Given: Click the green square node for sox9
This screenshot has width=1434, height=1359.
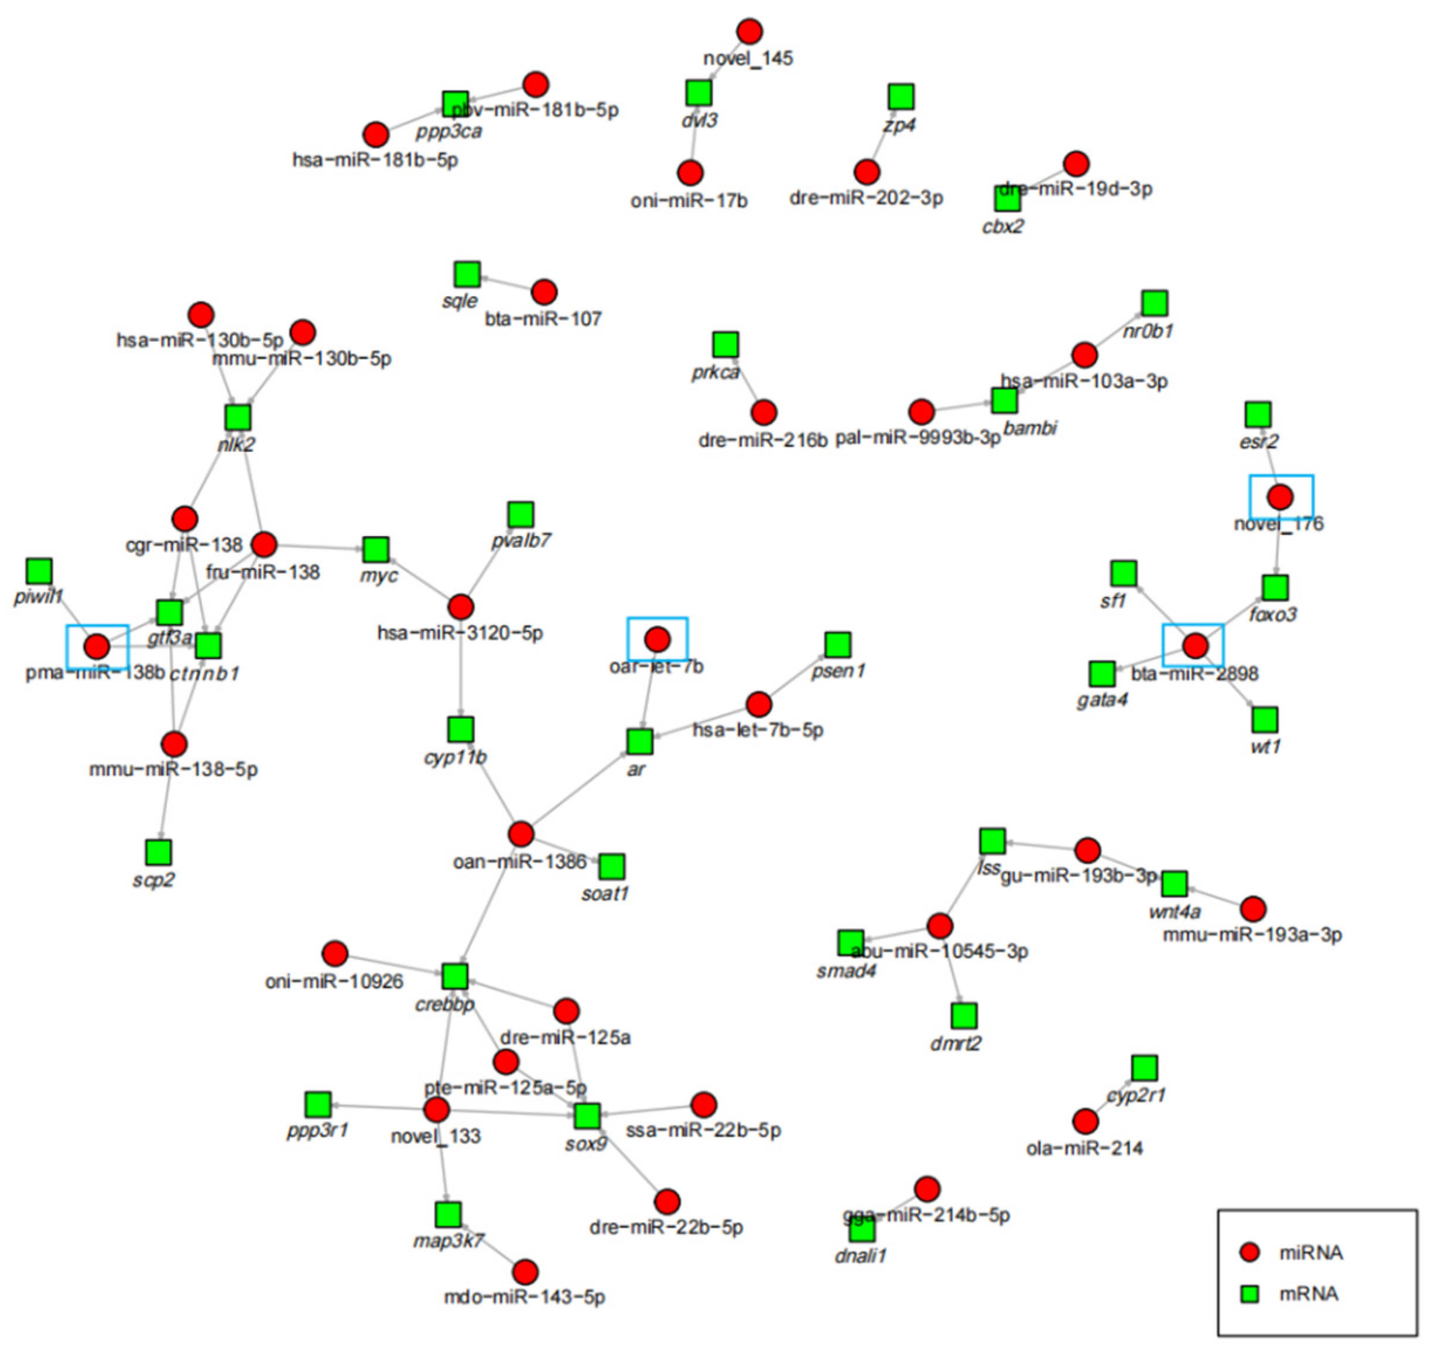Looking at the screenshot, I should tap(586, 1116).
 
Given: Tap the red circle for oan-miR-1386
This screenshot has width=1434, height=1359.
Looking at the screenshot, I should tap(521, 835).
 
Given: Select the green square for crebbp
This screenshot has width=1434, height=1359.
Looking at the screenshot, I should tap(454, 976).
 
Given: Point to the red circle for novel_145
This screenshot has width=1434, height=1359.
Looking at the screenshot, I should tap(749, 32).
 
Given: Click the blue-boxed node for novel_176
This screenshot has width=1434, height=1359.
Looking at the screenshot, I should tap(1281, 497).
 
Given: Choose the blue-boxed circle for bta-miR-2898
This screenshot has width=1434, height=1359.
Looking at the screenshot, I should tap(1196, 645).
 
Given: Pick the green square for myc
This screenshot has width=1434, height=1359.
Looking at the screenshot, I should tap(375, 549).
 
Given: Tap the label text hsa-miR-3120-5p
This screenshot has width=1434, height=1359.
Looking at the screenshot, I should tap(460, 634).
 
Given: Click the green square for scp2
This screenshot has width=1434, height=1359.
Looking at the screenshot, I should tap(158, 853).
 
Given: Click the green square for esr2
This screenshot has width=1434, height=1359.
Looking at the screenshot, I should tap(1258, 414).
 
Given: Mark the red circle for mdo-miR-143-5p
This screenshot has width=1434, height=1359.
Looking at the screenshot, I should tap(525, 1271).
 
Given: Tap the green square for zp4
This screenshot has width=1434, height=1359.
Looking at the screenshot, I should tap(901, 97).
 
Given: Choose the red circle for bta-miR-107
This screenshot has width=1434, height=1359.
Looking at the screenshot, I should tap(543, 292).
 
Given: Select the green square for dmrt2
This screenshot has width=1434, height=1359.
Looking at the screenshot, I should tap(964, 1015).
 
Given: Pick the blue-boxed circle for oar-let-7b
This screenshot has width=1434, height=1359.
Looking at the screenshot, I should tap(657, 639).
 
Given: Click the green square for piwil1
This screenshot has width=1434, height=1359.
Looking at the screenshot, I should tap(39, 571).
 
